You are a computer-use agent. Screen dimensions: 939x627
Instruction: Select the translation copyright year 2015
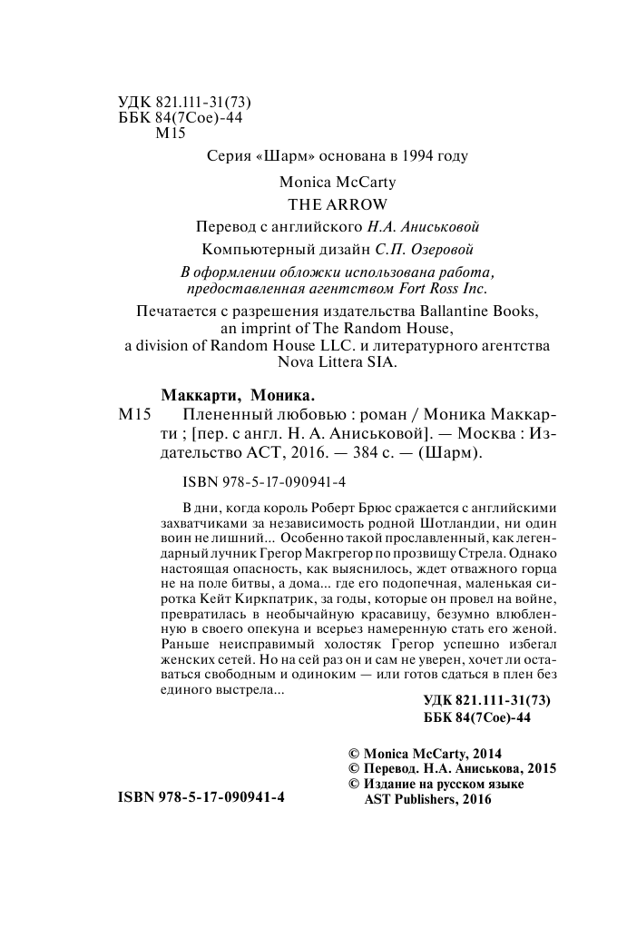click(x=539, y=768)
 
